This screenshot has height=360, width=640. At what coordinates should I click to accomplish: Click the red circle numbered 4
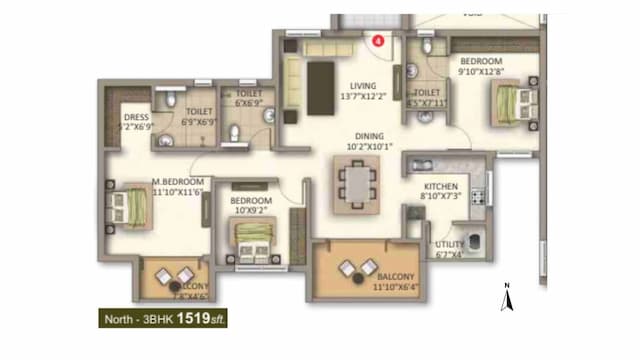[379, 41]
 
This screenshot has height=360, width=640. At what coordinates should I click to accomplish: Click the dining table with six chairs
[356, 183]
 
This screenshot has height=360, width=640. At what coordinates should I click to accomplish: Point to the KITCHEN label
[442, 187]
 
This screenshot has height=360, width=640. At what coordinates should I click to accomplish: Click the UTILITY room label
[449, 244]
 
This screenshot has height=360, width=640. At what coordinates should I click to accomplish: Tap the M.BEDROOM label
[178, 182]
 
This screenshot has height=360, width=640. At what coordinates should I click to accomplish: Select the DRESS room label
[135, 116]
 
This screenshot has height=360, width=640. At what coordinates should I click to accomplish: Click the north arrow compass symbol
[507, 297]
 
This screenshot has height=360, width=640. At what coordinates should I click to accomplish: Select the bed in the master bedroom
[133, 206]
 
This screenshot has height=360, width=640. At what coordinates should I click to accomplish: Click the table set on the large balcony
[357, 268]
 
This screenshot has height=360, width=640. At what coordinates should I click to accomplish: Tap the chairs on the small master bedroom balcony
[178, 277]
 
